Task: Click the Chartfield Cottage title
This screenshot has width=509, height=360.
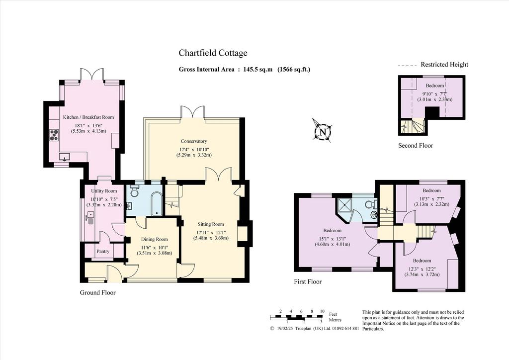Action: click(x=213, y=53)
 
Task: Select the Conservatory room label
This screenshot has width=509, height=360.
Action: click(x=194, y=141)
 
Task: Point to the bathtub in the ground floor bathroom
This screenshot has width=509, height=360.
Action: click(x=156, y=204)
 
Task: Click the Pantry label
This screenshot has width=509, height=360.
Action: click(x=103, y=251)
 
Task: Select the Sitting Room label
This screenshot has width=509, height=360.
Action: click(x=211, y=224)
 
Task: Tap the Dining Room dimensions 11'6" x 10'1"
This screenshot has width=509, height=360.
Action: click(x=154, y=247)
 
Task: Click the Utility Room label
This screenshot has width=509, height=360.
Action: click(x=104, y=191)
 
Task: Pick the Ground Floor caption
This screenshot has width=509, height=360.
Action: click(x=98, y=292)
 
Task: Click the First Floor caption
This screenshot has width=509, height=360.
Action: click(x=308, y=281)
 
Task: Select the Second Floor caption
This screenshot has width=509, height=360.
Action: click(x=416, y=145)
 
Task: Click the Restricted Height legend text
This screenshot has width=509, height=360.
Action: click(x=444, y=64)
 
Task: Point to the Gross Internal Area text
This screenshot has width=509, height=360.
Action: click(x=245, y=69)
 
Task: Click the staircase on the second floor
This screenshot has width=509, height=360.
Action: click(x=412, y=126)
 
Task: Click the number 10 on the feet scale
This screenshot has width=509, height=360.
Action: click(x=322, y=311)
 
